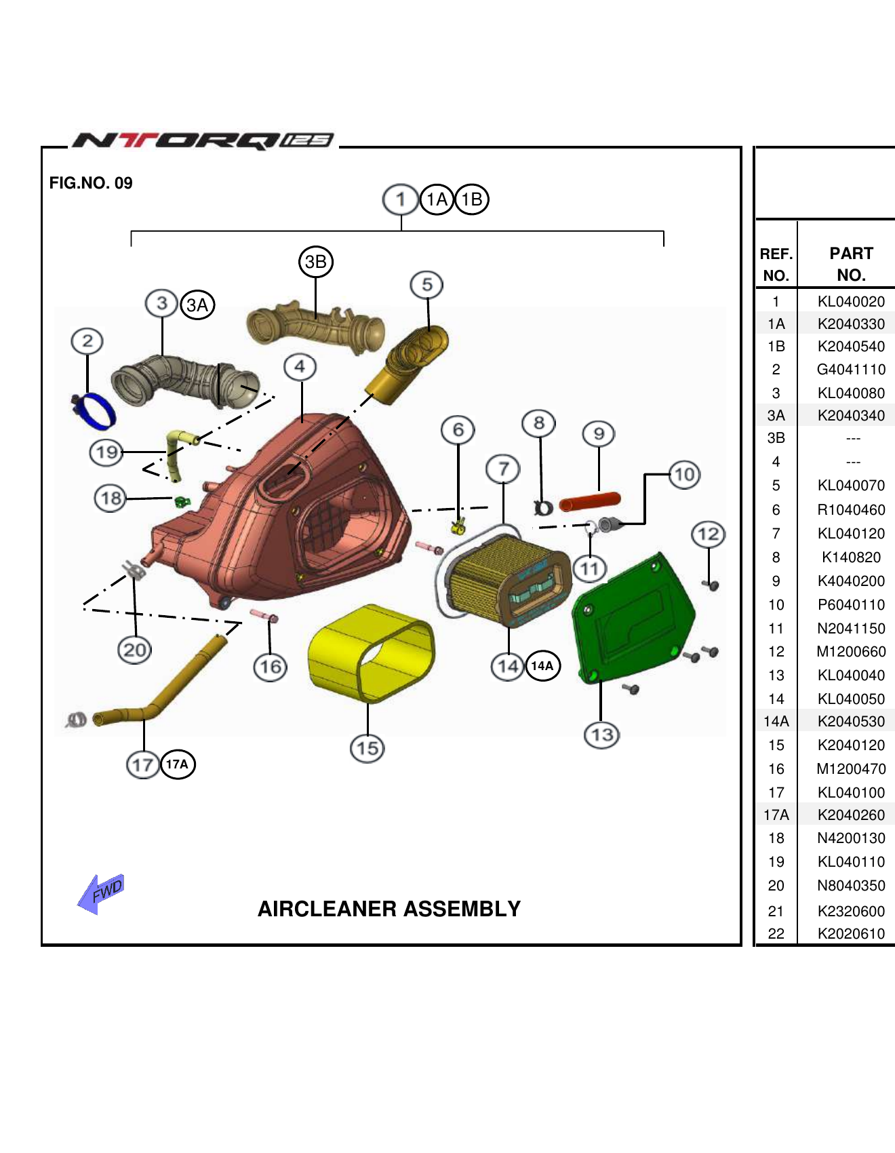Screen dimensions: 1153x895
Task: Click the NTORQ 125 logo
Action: (202, 140)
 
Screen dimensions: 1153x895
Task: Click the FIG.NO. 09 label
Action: (91, 183)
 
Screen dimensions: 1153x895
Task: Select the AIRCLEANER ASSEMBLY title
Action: (389, 909)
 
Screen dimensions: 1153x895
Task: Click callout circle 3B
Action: (316, 262)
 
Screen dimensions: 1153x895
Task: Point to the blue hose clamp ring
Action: (95, 409)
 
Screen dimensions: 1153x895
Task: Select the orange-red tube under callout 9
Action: (589, 502)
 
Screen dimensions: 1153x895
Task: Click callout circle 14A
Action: (542, 665)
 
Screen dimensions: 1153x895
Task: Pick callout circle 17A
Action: (178, 764)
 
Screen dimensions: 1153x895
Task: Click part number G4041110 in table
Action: (851, 370)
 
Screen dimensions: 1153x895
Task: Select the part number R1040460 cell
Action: (851, 509)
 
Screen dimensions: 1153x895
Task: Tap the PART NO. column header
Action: (851, 264)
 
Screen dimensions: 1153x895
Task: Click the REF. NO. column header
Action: (776, 264)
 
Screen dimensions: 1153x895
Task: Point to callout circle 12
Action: (708, 534)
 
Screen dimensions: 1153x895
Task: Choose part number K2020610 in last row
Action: (851, 933)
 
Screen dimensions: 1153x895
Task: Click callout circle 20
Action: (134, 650)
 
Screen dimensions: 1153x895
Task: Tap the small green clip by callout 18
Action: (182, 502)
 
